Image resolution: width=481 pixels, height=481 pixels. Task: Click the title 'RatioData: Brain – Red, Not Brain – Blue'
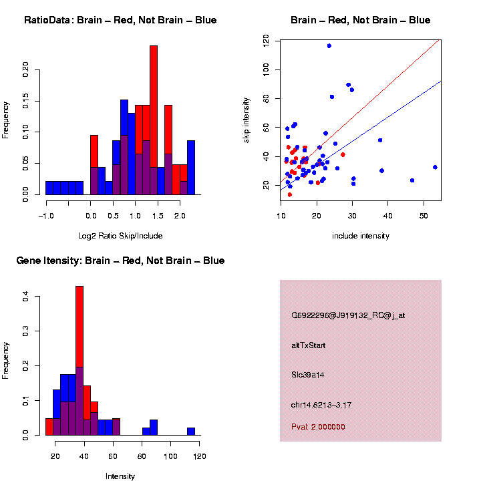pos(120,20)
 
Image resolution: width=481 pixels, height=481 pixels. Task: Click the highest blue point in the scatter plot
pos(329,45)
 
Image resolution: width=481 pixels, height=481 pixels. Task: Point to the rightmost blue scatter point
pos(435,167)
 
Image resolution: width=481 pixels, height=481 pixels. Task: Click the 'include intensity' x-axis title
pos(361,236)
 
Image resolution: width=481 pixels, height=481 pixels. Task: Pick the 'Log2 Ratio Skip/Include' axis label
pos(120,236)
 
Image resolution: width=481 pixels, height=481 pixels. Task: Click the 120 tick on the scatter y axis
pos(267,41)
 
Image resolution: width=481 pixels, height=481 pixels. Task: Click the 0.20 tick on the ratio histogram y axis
pos(27,69)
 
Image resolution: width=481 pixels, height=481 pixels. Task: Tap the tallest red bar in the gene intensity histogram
pos(79,334)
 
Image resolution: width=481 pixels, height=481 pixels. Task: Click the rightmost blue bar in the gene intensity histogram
pos(191,432)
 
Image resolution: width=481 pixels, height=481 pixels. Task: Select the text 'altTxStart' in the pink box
pos(308,345)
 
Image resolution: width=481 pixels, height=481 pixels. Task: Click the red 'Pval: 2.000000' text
pos(318,426)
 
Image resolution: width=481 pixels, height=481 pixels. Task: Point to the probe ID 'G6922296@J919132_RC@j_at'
pos(347,315)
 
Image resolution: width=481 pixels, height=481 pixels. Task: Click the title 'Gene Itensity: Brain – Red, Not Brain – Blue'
pos(120,261)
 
